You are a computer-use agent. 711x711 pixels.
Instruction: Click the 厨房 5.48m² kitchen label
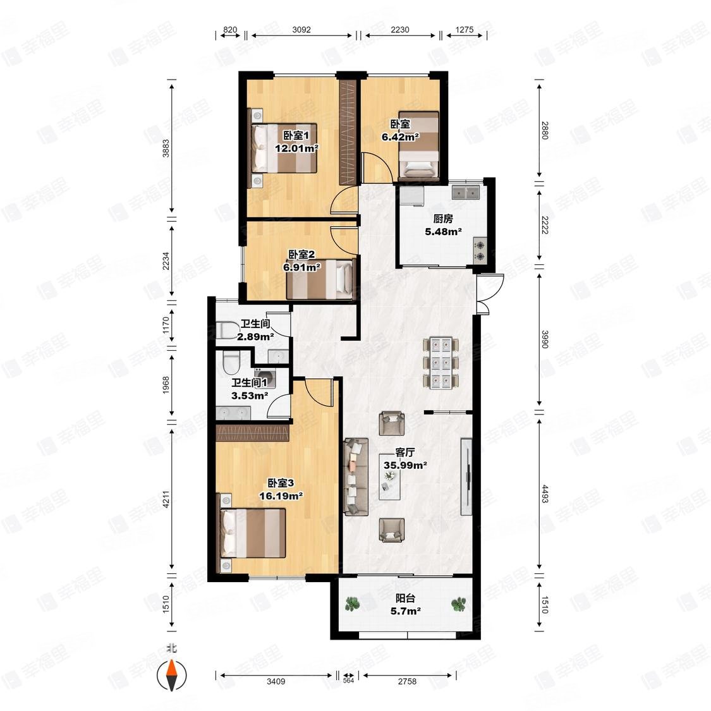443,226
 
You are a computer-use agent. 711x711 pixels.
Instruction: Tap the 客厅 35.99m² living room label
405,459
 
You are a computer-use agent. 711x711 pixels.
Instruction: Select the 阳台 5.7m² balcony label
405,604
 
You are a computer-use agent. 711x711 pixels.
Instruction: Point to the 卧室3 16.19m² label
281,489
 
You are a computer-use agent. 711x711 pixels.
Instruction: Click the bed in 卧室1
284,149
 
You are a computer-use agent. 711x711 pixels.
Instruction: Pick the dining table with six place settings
441,363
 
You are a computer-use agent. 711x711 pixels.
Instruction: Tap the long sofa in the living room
356,477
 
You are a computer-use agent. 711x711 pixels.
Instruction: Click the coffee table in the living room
389,477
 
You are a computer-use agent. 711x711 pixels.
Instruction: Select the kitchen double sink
466,192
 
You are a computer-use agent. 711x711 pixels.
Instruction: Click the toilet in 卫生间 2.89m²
228,330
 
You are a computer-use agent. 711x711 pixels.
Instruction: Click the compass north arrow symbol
172,675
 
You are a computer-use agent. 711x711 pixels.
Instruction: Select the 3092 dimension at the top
301,30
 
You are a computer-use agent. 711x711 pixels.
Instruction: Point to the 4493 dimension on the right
545,494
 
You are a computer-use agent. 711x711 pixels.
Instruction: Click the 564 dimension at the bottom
348,680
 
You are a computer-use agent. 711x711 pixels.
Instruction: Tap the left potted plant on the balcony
352,604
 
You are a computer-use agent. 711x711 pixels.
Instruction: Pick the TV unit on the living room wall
466,476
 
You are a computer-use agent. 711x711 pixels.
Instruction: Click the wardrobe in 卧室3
253,433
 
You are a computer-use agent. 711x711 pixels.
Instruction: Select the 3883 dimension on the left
166,149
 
